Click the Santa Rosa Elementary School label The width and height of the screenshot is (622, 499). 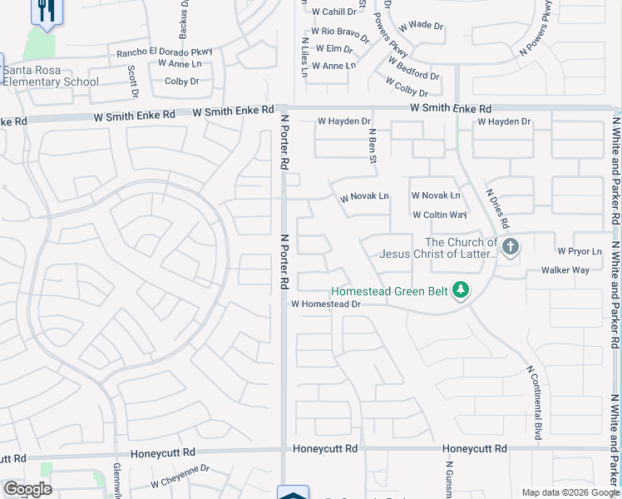(x=52, y=76)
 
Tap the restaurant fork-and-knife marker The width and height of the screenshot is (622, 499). (x=46, y=11)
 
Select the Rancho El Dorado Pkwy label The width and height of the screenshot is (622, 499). (x=165, y=52)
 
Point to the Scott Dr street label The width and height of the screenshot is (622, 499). (x=132, y=81)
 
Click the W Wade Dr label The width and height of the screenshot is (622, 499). (x=421, y=26)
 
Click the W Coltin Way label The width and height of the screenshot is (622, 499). (x=440, y=215)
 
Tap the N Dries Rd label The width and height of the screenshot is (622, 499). (x=497, y=209)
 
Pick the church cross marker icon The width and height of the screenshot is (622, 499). (x=510, y=246)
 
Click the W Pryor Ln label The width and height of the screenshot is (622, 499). (x=580, y=251)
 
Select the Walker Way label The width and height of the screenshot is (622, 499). (x=565, y=270)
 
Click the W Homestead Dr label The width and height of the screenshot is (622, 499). (x=325, y=304)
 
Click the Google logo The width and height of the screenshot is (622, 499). (x=27, y=490)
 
